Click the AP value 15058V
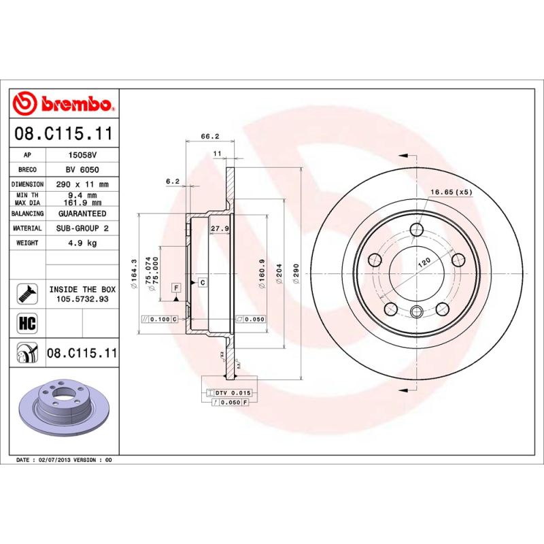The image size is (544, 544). [x=82, y=155]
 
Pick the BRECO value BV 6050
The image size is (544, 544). [x=82, y=169]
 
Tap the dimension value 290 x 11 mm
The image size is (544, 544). [x=82, y=184]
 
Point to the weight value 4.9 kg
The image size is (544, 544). [x=82, y=243]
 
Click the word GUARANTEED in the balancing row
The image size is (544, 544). [x=82, y=214]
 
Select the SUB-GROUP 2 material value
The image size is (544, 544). [x=82, y=228]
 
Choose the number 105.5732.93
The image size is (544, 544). [x=82, y=299]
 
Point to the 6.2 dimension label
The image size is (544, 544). [x=172, y=182]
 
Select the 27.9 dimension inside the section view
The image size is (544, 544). [x=218, y=228]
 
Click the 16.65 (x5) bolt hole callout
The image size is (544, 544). [x=450, y=192]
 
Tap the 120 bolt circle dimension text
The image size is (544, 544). [x=424, y=262]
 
